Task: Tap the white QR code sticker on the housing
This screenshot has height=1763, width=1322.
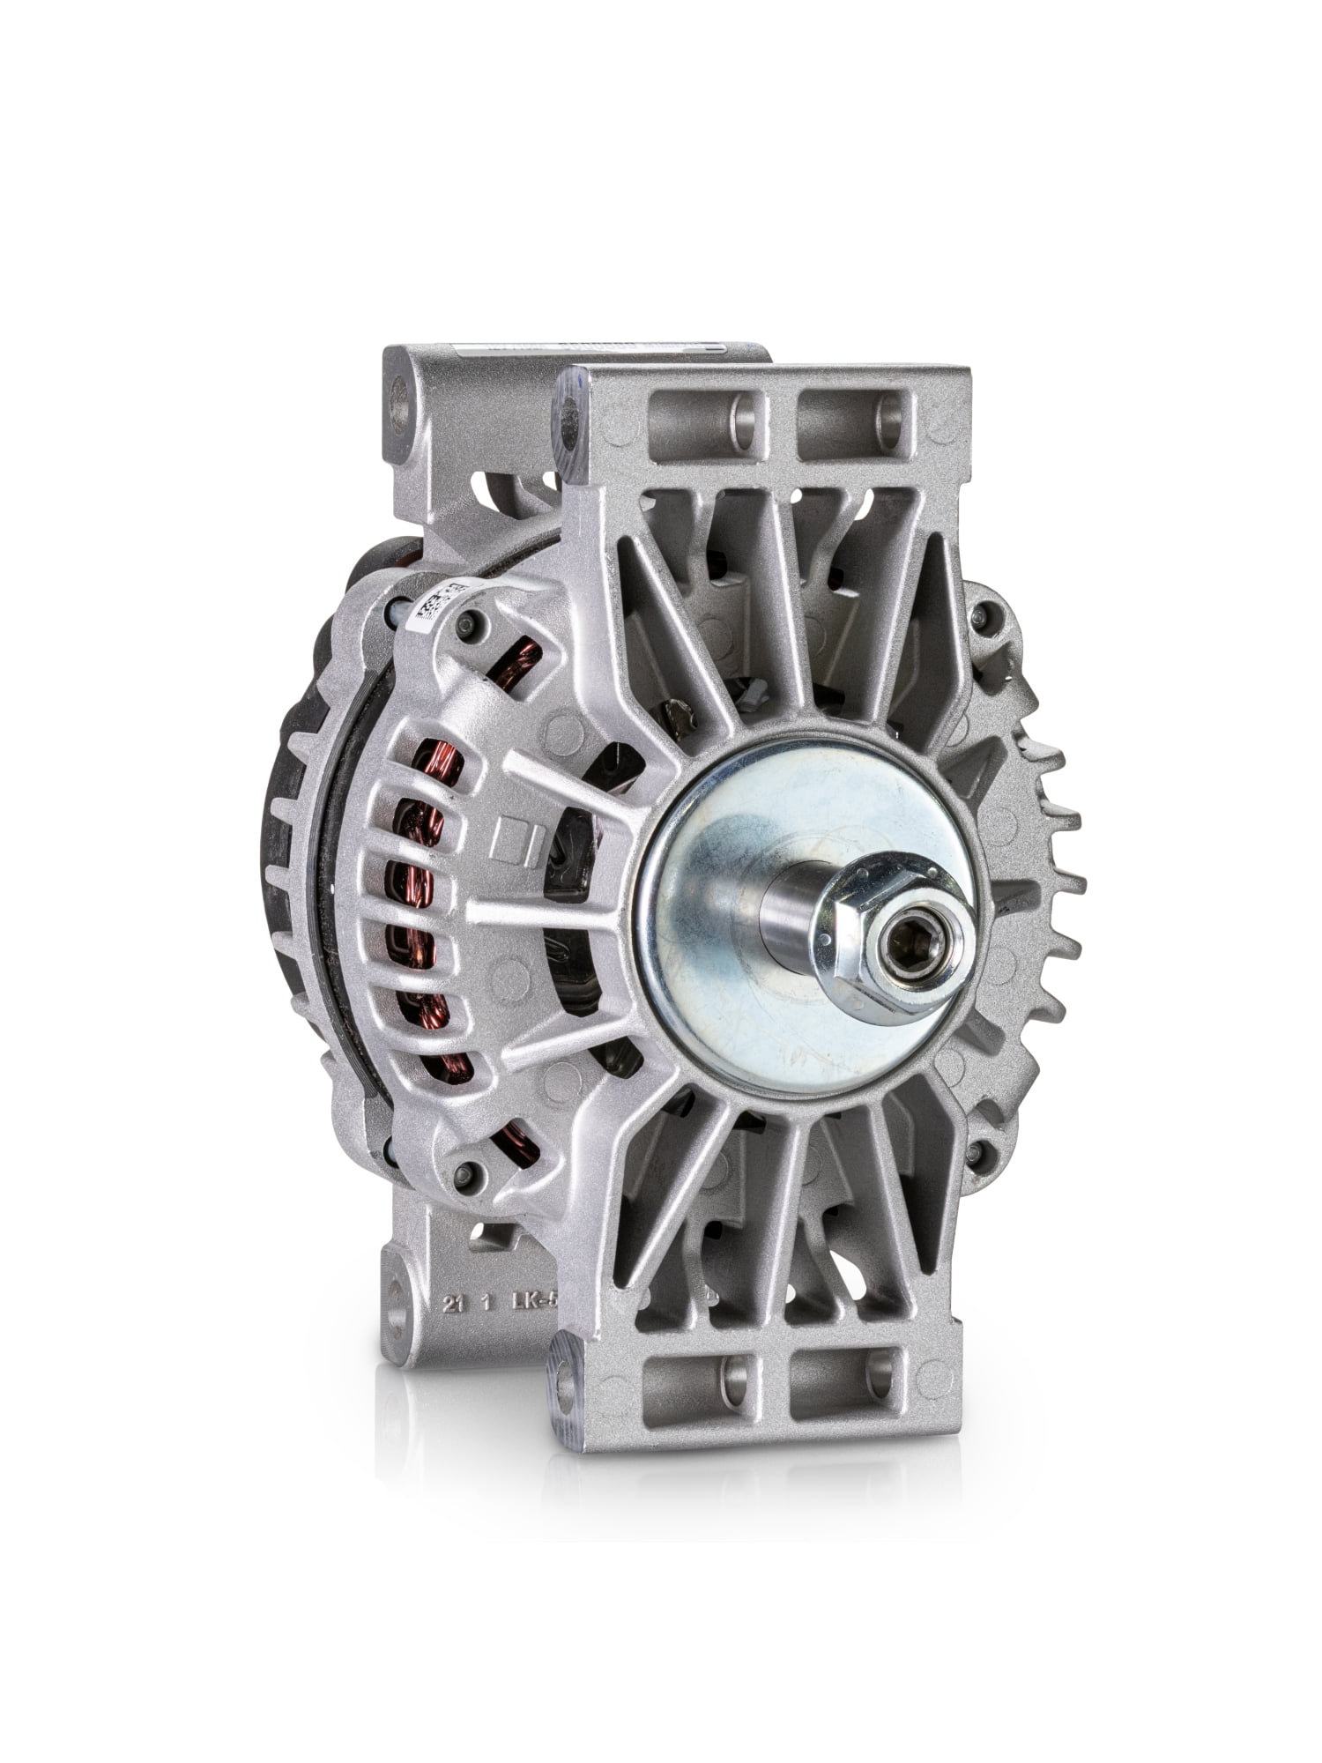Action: (434, 608)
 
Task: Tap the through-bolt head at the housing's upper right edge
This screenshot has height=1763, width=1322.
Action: (981, 614)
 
